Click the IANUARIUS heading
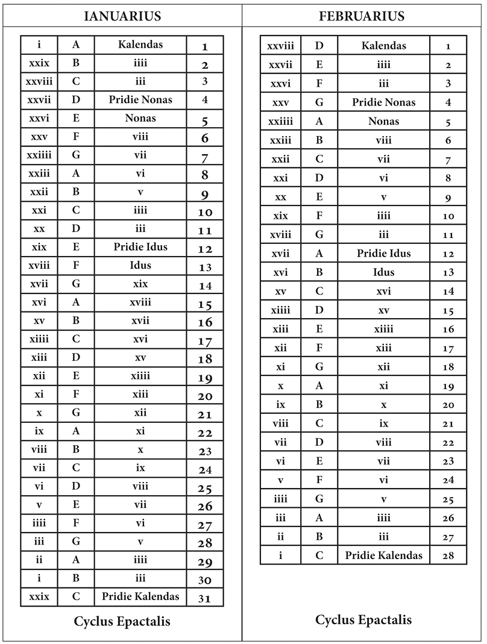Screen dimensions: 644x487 [122, 16]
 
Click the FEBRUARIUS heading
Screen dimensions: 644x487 [362, 16]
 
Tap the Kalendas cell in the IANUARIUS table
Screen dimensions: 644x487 [140, 45]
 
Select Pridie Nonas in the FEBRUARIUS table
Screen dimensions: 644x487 [384, 102]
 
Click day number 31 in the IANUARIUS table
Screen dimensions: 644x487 [205, 598]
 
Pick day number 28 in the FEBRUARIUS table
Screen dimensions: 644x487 [448, 555]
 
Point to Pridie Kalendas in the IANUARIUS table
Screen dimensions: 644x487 [140, 596]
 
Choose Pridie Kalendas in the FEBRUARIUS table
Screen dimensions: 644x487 [384, 555]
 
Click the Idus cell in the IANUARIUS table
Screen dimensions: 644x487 [140, 266]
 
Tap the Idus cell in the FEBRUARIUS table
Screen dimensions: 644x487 [384, 272]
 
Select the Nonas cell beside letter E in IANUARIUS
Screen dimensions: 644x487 [140, 118]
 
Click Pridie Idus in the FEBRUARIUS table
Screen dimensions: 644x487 [384, 254]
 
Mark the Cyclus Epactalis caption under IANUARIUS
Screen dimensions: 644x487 [122, 621]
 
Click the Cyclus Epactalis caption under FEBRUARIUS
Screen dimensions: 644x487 [363, 620]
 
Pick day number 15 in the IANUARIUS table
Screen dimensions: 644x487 [205, 304]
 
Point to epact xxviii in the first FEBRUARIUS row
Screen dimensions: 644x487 [280, 46]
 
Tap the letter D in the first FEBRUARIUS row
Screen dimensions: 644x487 [319, 46]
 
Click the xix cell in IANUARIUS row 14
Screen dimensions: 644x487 [140, 284]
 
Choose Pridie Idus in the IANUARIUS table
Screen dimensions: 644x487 [140, 247]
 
